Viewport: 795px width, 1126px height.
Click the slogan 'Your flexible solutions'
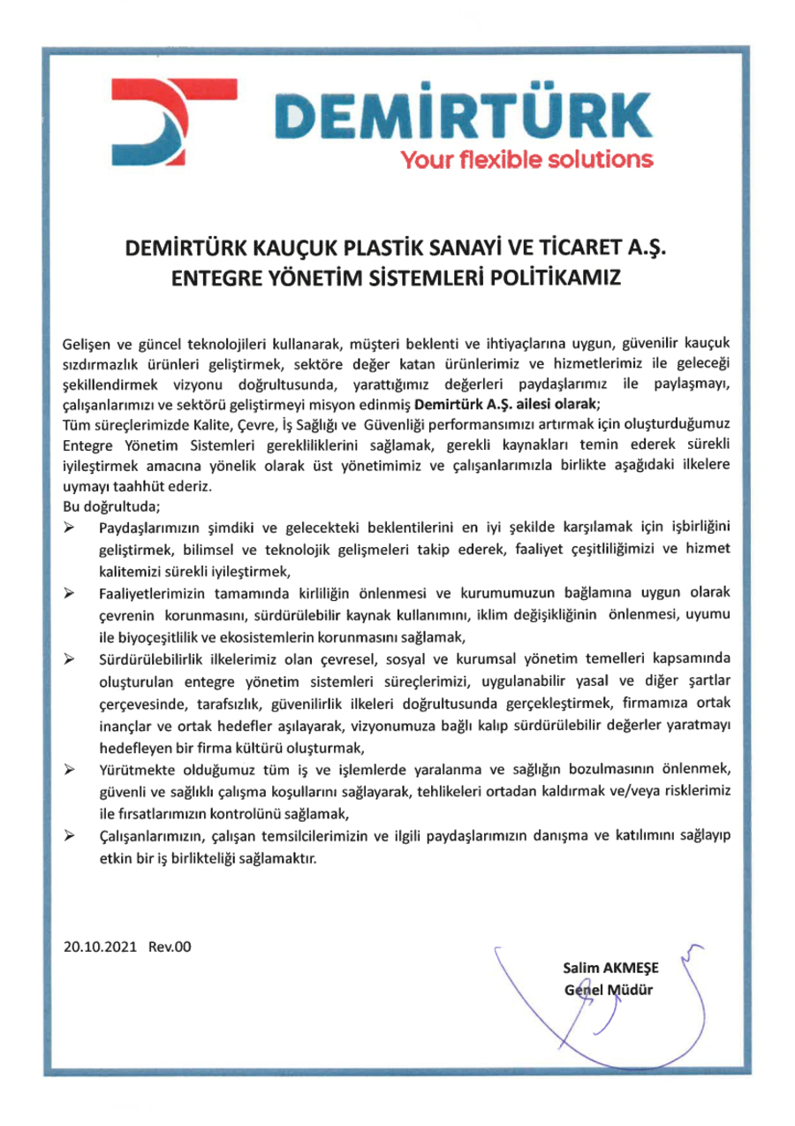pyautogui.click(x=526, y=160)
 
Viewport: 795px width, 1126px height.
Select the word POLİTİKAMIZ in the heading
pyautogui.click(x=565, y=277)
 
